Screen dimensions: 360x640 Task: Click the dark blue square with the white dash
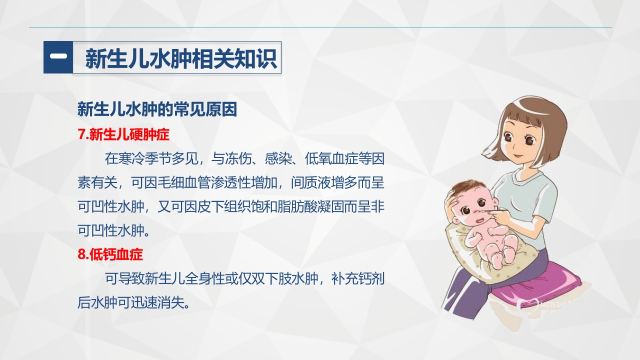[58, 57]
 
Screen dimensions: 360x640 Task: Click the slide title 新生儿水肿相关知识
[180, 58]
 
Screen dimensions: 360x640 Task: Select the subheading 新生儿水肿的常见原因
[157, 109]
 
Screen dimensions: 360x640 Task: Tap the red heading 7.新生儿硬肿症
[124, 134]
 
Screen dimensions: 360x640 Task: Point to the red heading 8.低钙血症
[110, 254]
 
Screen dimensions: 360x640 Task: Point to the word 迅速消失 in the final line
[158, 302]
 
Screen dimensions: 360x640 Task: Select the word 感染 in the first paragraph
[274, 159]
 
